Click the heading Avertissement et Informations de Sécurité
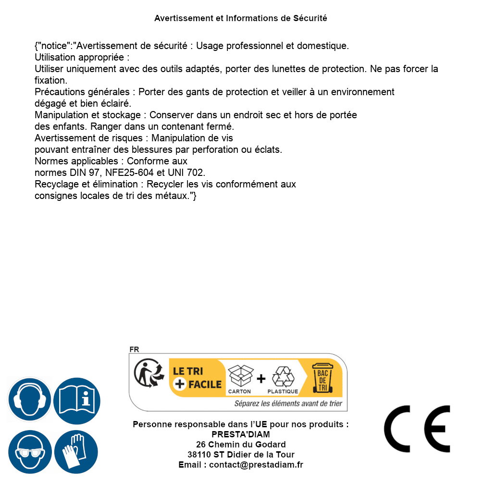[x=240, y=18]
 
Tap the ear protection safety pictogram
[x=29, y=400]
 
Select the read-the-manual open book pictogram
[x=76, y=400]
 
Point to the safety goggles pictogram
[x=29, y=452]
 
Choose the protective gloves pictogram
[x=76, y=452]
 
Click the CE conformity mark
[x=417, y=429]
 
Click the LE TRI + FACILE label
[x=198, y=378]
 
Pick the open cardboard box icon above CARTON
[x=240, y=375]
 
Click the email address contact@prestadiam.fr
[x=256, y=465]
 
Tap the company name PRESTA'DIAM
[x=240, y=434]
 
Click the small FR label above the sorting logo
[x=134, y=349]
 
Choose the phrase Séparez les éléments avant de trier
[x=288, y=404]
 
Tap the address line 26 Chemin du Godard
[x=240, y=445]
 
